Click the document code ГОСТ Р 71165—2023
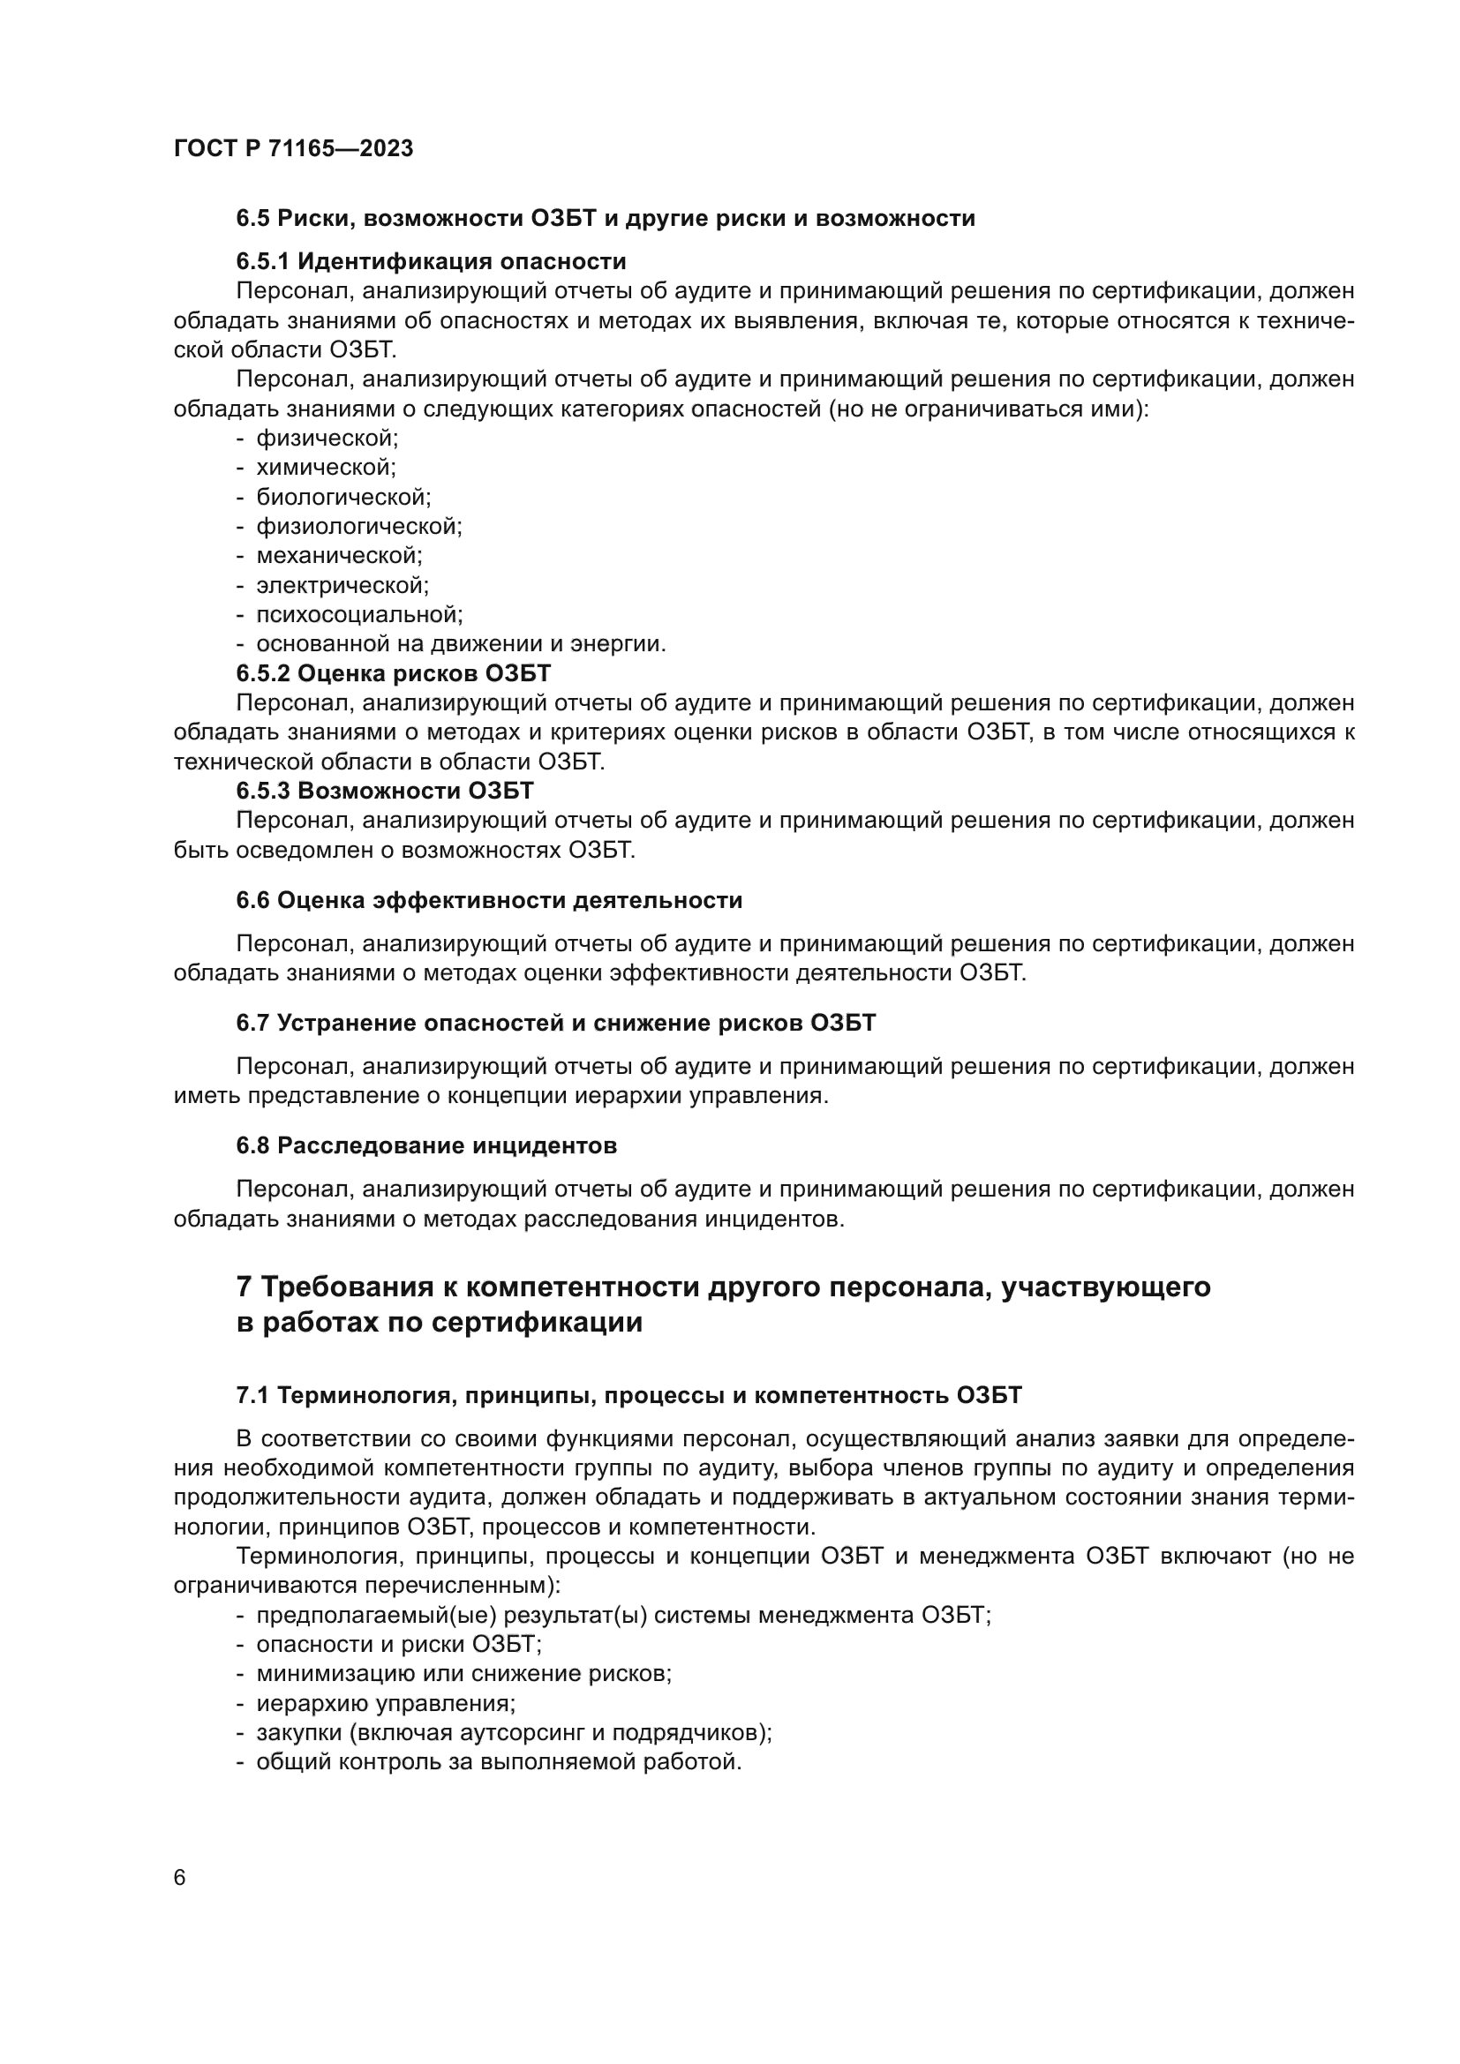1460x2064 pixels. click(x=293, y=149)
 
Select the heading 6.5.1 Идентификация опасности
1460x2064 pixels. click(x=431, y=261)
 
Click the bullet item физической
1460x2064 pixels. click(x=327, y=439)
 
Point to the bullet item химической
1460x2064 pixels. click(x=326, y=468)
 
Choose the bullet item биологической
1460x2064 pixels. click(x=343, y=497)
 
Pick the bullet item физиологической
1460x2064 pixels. click(x=358, y=527)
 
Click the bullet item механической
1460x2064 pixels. click(x=339, y=556)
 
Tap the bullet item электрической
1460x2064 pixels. click(x=342, y=585)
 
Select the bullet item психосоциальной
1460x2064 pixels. click(x=358, y=615)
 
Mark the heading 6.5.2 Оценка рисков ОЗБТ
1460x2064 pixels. click(x=393, y=673)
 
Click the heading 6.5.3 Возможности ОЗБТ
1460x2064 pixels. click(x=385, y=791)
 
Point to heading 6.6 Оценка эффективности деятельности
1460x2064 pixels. click(x=489, y=900)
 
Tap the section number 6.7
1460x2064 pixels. click(x=252, y=1023)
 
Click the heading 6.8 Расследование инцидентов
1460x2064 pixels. click(x=426, y=1146)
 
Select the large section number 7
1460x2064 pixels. click(x=244, y=1287)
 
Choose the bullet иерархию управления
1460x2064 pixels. click(x=386, y=1703)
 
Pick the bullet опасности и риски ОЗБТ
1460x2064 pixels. click(x=398, y=1644)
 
